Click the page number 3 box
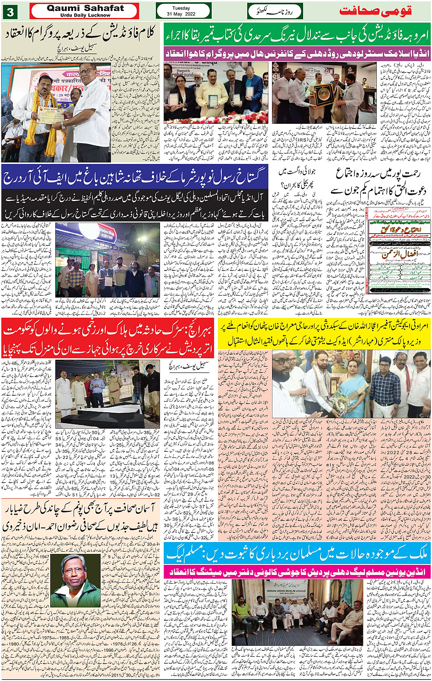click(10, 11)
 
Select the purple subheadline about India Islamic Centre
click(296, 53)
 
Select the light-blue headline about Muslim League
click(297, 554)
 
